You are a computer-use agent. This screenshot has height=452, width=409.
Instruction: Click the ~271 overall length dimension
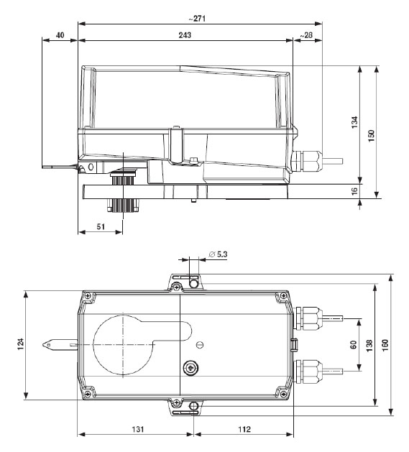[x=195, y=17]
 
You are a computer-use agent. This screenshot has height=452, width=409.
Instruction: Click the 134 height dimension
[x=355, y=124]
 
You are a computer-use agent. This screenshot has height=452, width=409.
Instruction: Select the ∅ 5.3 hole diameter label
[x=219, y=253]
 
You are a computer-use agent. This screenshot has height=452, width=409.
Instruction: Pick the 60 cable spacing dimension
[x=354, y=344]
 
